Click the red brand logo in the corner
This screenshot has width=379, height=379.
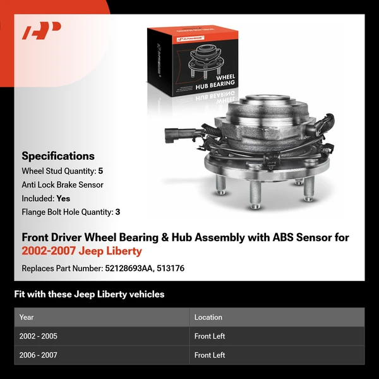point(42,30)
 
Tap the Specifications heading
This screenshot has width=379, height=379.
point(58,156)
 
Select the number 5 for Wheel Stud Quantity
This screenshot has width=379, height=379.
point(100,171)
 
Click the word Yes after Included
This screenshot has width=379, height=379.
point(63,198)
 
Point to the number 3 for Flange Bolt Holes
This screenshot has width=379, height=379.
point(117,212)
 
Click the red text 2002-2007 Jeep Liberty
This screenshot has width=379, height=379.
point(82,251)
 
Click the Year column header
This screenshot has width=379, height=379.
point(27,317)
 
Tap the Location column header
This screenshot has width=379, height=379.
point(208,317)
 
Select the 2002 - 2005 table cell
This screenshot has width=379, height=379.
point(39,336)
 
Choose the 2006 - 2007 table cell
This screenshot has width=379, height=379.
point(39,355)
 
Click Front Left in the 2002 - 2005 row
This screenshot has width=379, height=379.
point(210,336)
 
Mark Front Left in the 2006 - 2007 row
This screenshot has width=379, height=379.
point(210,355)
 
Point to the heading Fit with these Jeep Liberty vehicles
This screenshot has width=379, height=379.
point(89,294)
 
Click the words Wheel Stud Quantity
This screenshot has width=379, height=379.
point(58,171)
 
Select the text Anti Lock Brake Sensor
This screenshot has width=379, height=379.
point(63,185)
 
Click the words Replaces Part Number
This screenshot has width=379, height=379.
point(61,268)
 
